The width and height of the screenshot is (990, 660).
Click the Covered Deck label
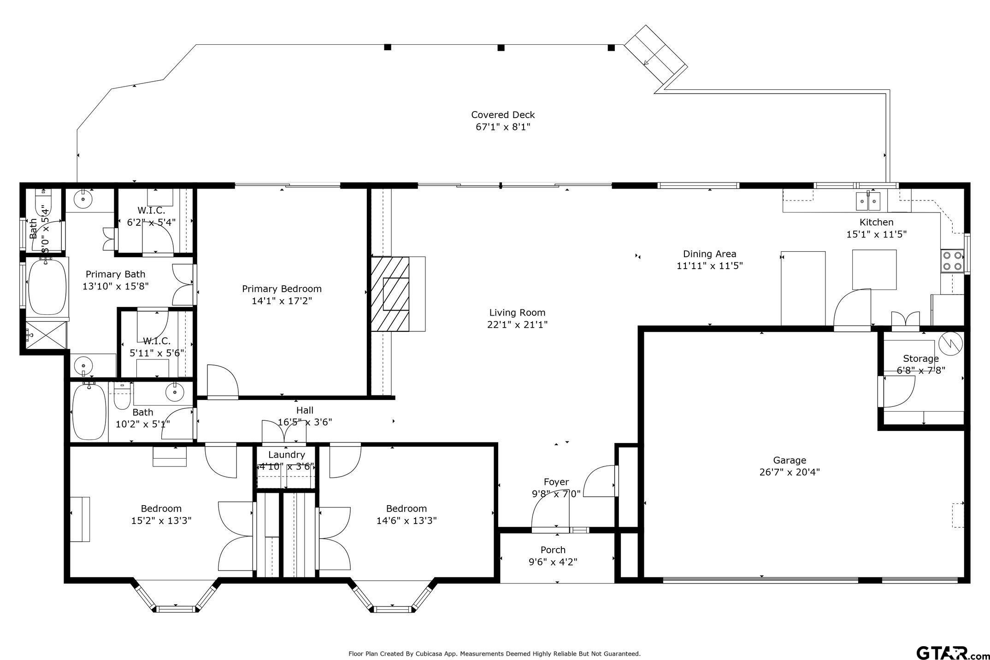(503, 115)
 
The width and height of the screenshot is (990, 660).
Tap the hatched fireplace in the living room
(390, 294)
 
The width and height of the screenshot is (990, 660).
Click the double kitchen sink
(868, 201)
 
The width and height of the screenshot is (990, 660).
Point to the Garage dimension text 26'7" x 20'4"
(790, 472)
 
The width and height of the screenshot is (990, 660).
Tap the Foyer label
(556, 482)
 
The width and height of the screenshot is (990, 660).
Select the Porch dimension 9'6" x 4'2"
(553, 562)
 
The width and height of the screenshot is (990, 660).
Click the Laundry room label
(286, 455)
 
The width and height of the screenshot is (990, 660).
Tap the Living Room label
(517, 312)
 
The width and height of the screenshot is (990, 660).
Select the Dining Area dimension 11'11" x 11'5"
(709, 266)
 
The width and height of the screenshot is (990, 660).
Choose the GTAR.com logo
(951, 653)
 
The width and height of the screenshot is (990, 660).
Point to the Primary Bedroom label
(282, 289)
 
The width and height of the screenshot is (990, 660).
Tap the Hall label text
(305, 410)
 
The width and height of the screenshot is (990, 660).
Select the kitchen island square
(874, 270)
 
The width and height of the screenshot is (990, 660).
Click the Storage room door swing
(896, 392)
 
